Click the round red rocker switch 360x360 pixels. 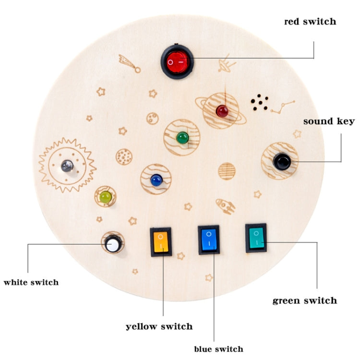pyautogui.click(x=177, y=61)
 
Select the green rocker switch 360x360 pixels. pyautogui.click(x=256, y=238)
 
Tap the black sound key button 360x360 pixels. pyautogui.click(x=282, y=161)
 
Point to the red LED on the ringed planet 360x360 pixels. pyautogui.click(x=222, y=111)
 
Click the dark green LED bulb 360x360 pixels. pyautogui.click(x=182, y=138)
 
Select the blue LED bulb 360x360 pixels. pyautogui.click(x=156, y=180)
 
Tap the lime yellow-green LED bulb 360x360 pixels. pyautogui.click(x=106, y=197)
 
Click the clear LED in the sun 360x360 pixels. pyautogui.click(x=67, y=166)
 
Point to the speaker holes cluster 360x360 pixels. pyautogui.click(x=260, y=102)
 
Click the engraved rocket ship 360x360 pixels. pyautogui.click(x=226, y=206)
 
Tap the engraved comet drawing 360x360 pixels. pyautogui.click(x=130, y=63)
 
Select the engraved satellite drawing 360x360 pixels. pyautogui.click(x=227, y=63)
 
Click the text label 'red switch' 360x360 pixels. pyautogui.click(x=310, y=22)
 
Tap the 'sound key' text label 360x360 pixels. pyautogui.click(x=329, y=121)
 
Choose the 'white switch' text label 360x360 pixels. pyautogui.click(x=31, y=282)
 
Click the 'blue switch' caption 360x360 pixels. pyautogui.click(x=218, y=349)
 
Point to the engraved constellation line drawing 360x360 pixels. pyautogui.click(x=283, y=107)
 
